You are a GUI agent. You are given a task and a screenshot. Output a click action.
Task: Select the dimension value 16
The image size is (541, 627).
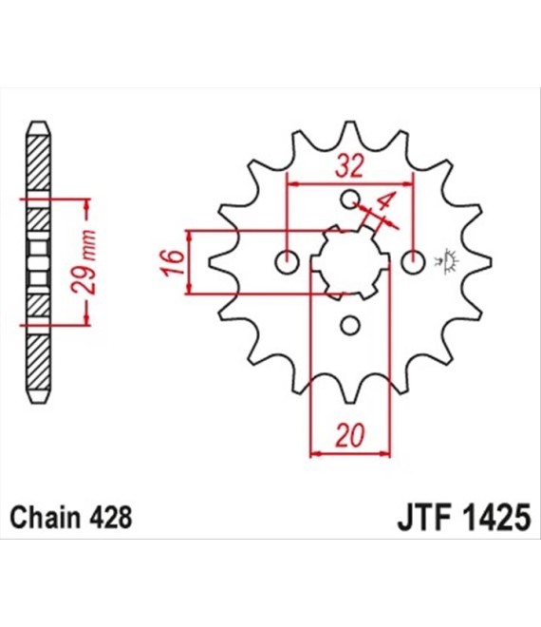[x=171, y=262]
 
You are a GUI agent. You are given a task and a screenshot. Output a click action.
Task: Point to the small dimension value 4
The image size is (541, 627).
[x=384, y=202]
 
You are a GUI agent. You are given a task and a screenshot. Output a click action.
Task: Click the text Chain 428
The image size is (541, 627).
[x=70, y=519]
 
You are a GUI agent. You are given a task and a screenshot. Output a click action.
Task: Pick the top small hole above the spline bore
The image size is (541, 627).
[x=350, y=199]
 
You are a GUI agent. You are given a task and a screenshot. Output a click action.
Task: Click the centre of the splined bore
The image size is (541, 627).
[x=350, y=262]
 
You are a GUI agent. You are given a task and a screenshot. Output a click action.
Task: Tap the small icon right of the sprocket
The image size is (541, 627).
[x=448, y=259]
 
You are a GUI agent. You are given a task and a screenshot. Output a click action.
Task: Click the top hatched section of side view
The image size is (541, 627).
[x=35, y=161]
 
